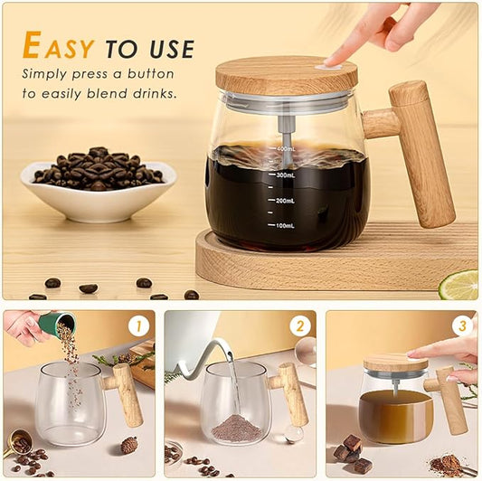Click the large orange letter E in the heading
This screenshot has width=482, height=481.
point(33,46)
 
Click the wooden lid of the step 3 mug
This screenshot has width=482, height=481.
point(395,363)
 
